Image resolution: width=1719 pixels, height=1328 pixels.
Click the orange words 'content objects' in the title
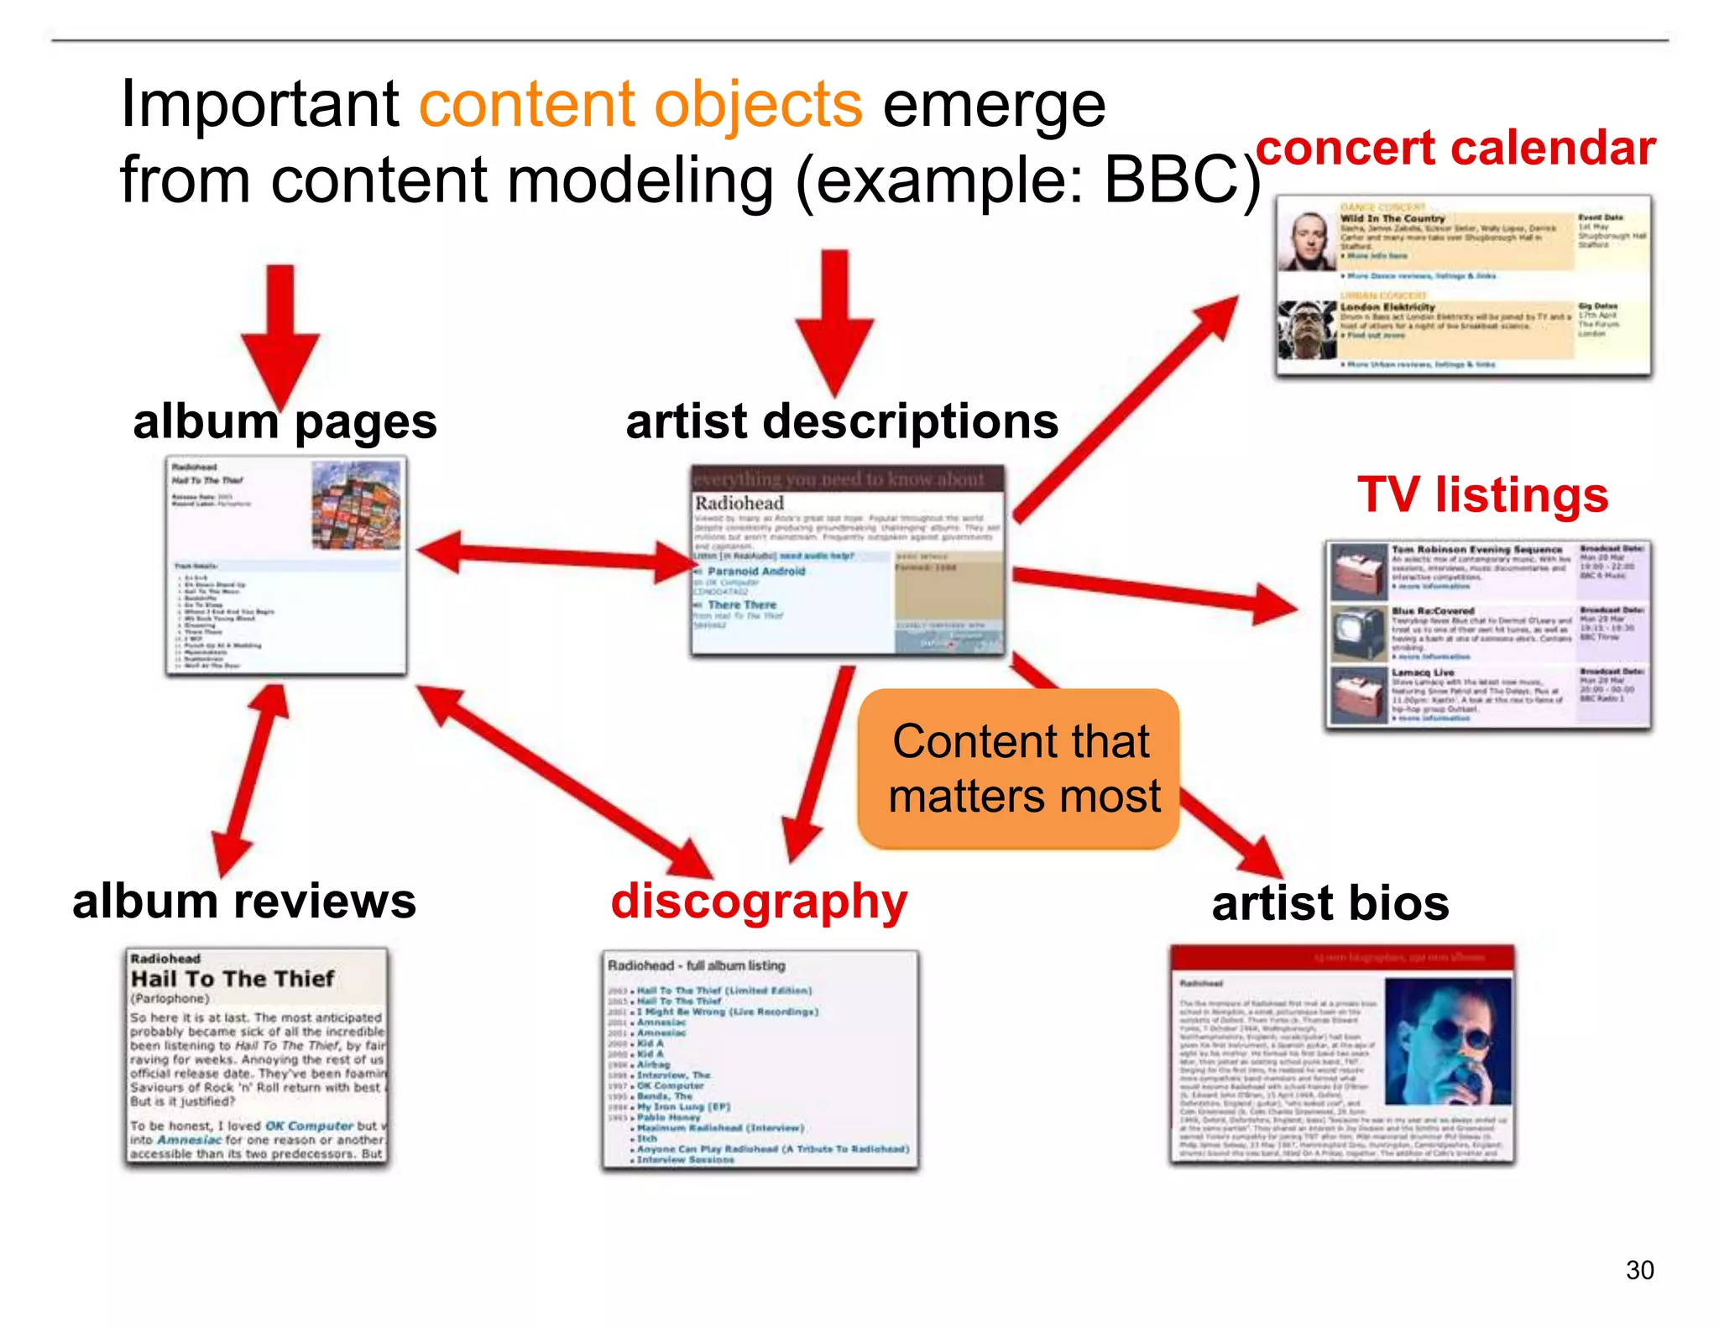pyautogui.click(x=640, y=106)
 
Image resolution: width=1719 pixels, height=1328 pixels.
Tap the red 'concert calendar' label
pyautogui.click(x=1455, y=149)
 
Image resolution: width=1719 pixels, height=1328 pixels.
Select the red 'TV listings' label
pyautogui.click(x=1482, y=494)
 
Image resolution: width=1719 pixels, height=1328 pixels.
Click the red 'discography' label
pyautogui.click(x=759, y=901)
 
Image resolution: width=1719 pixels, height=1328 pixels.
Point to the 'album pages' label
pyautogui.click(x=285, y=421)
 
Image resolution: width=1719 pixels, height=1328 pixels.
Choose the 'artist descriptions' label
pyautogui.click(x=842, y=421)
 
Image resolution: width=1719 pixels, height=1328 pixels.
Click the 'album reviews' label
pyautogui.click(x=243, y=902)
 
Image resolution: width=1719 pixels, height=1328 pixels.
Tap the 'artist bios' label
pyautogui.click(x=1330, y=903)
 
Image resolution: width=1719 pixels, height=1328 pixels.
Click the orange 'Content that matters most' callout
pyautogui.click(x=1019, y=768)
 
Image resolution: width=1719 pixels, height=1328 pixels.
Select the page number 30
pyautogui.click(x=1638, y=1269)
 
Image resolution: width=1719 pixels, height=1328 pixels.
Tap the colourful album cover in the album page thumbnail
pyautogui.click(x=356, y=506)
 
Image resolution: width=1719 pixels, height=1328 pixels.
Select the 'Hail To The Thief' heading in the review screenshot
pyautogui.click(x=233, y=979)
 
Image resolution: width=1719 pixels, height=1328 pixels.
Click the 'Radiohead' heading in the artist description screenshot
pyautogui.click(x=739, y=503)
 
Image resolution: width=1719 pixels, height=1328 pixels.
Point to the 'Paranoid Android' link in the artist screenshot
pyautogui.click(x=755, y=571)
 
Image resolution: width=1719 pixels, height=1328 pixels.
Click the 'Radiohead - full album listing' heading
pyautogui.click(x=696, y=965)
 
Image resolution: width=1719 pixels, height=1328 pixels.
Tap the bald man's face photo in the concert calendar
pyautogui.click(x=1307, y=241)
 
